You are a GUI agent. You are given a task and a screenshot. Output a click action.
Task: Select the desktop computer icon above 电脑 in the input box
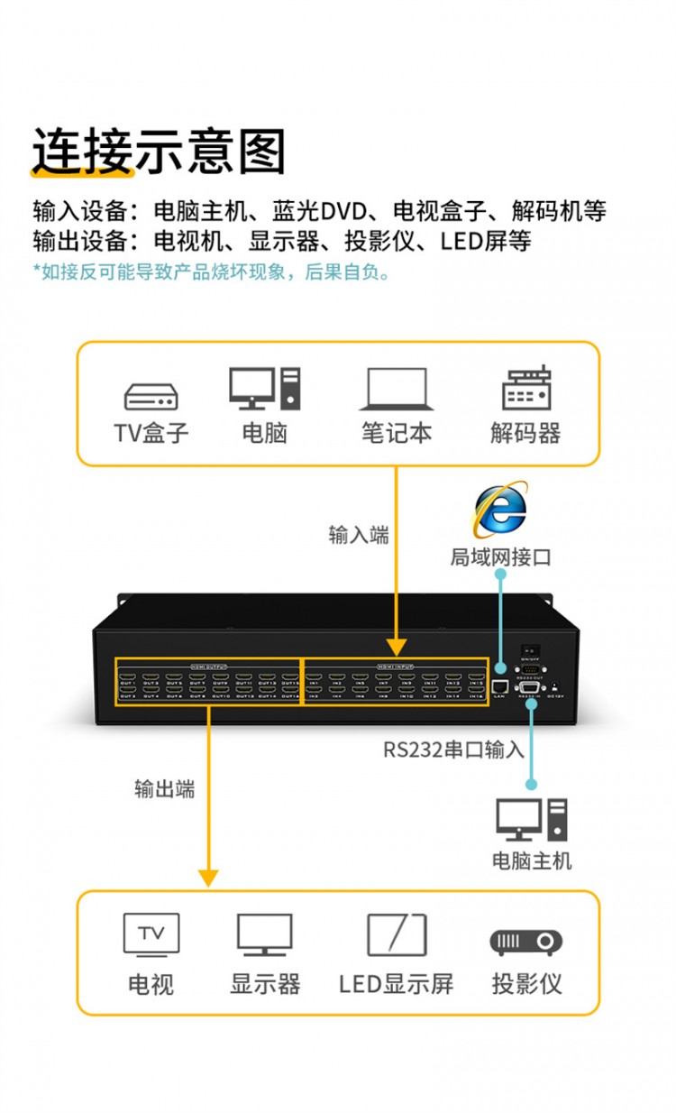pyautogui.click(x=264, y=389)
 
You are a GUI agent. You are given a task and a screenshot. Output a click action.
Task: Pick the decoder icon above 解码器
pyautogui.click(x=526, y=389)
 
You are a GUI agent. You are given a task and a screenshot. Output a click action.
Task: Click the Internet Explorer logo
pyautogui.click(x=500, y=511)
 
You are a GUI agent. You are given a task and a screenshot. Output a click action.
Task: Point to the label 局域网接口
pyautogui.click(x=500, y=557)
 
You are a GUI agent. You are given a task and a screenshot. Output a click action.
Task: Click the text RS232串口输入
pyautogui.click(x=453, y=750)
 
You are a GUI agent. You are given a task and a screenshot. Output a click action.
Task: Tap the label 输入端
pyautogui.click(x=359, y=535)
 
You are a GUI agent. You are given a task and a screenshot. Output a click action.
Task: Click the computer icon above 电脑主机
pyautogui.click(x=532, y=819)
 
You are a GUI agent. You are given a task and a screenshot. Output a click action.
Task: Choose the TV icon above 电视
pyautogui.click(x=151, y=934)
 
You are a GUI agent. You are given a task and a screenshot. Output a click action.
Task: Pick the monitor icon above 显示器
pyautogui.click(x=264, y=934)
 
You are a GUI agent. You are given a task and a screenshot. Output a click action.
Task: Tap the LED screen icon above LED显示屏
pyautogui.click(x=396, y=934)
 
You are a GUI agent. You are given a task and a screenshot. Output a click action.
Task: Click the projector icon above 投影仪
pyautogui.click(x=526, y=942)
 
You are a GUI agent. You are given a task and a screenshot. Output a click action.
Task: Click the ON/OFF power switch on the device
pyautogui.click(x=532, y=651)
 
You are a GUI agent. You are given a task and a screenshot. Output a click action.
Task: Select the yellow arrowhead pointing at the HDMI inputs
pyautogui.click(x=396, y=647)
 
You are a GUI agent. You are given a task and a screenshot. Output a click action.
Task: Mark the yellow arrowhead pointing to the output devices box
pyautogui.click(x=208, y=877)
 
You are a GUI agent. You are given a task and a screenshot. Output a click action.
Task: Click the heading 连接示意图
pyautogui.click(x=159, y=151)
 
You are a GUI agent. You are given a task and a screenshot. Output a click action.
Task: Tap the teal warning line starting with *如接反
pyautogui.click(x=213, y=271)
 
